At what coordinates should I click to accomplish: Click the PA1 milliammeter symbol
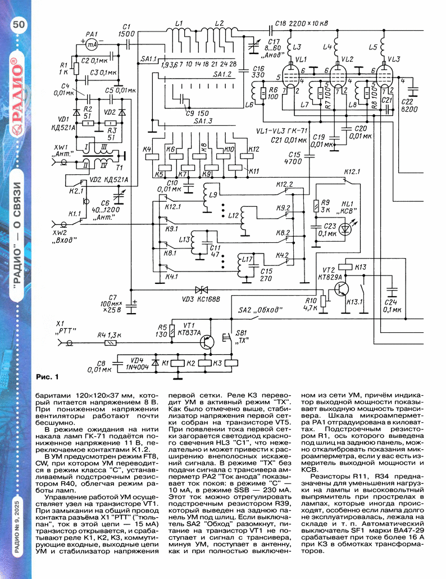(x=94, y=43)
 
